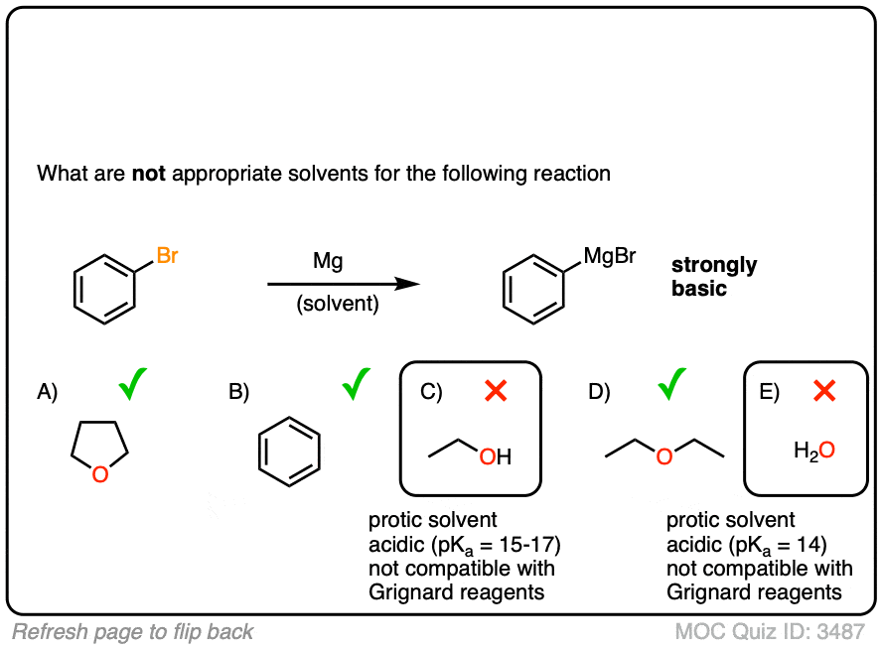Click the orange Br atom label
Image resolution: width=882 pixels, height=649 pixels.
[x=167, y=257]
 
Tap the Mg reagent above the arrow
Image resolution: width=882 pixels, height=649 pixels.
[x=328, y=263]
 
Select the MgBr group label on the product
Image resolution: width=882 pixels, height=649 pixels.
[x=609, y=257]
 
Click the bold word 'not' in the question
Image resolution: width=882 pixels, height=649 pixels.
[x=149, y=174]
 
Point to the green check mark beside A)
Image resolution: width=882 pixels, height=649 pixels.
[x=132, y=384]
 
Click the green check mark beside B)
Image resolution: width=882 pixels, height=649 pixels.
[x=355, y=384]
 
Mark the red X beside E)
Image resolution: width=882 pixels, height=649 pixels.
[x=823, y=391]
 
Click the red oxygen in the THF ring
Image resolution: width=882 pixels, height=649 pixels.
[x=98, y=475]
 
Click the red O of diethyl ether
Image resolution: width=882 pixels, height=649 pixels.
[x=664, y=456]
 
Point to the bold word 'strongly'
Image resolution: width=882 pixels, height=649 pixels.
[x=713, y=266]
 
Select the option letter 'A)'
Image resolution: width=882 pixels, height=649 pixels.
[x=48, y=392]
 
